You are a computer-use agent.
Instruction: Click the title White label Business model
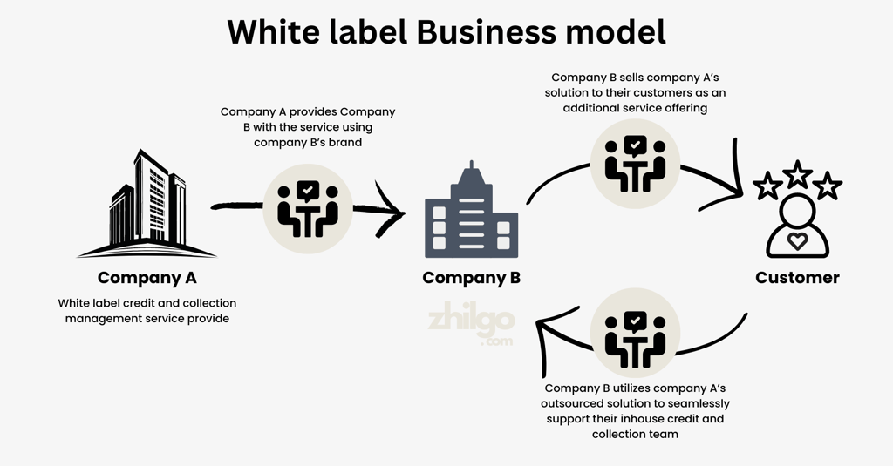point(446,32)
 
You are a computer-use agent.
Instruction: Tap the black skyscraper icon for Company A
point(147,204)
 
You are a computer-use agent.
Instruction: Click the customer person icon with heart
point(797,226)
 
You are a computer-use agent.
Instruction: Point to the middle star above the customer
point(797,173)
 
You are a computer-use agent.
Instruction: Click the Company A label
point(147,278)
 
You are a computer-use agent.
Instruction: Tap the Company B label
point(472,278)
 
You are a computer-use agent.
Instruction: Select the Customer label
point(797,278)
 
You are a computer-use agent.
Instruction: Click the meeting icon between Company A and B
point(308,209)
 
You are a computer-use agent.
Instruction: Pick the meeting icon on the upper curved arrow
point(635,163)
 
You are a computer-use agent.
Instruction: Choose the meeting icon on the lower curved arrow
point(635,332)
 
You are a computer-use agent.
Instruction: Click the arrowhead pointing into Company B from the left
point(390,210)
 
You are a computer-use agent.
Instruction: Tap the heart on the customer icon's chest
point(797,241)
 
